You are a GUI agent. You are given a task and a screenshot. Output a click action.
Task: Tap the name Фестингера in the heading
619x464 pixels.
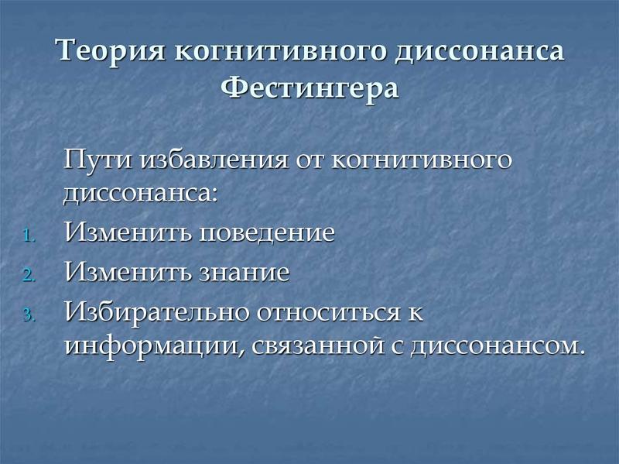[x=309, y=88]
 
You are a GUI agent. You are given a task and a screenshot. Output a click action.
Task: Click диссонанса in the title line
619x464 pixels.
[x=480, y=52]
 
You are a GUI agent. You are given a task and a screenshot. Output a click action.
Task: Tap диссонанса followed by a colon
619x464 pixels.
[x=141, y=194]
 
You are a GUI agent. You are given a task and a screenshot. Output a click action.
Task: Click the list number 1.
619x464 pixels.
[x=29, y=236]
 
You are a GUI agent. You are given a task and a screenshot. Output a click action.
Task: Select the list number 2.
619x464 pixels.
[x=29, y=275]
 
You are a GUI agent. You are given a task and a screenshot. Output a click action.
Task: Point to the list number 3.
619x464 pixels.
[x=29, y=315]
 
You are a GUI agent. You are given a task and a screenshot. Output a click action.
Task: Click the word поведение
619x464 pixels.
[x=266, y=232]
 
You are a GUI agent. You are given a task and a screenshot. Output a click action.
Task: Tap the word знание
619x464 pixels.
[x=244, y=272]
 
